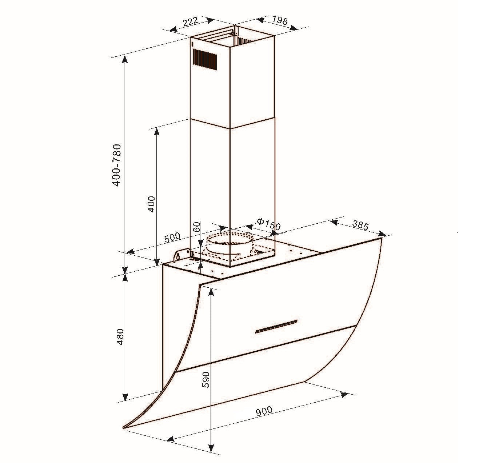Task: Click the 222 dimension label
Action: coord(190,22)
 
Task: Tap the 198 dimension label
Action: coord(280,20)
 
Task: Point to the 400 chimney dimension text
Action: coord(151,204)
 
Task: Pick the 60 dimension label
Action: coord(196,227)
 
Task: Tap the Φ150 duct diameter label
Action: coord(268,224)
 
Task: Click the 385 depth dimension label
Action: coord(360,225)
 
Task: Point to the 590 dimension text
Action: coord(206,379)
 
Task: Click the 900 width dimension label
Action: coord(264,411)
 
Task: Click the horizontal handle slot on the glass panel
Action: coord(276,326)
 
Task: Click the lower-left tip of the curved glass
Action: coord(124,427)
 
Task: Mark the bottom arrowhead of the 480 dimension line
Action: coord(125,396)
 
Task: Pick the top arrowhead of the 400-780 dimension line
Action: coord(125,59)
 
